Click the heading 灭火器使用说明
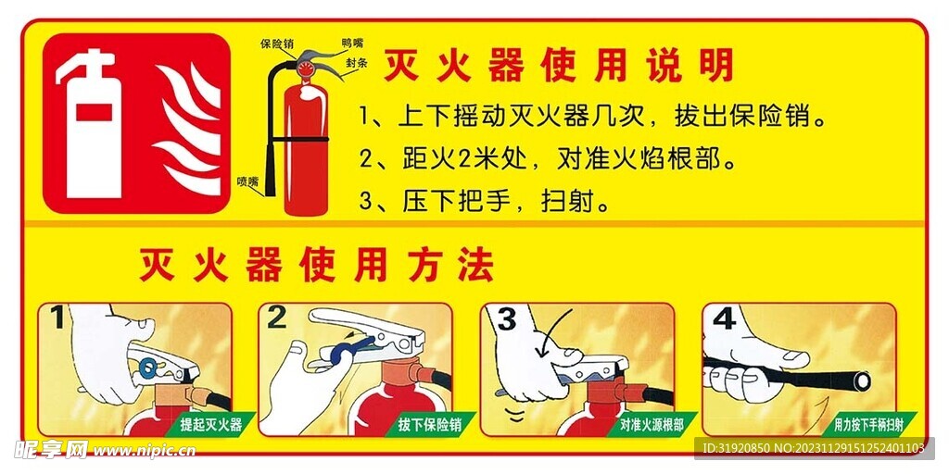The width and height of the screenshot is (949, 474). [559, 66]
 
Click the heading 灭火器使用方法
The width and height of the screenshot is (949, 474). [315, 266]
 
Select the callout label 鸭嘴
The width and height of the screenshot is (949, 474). [352, 43]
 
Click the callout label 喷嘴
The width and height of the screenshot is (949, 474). [247, 181]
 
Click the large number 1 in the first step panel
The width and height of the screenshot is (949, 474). [57, 319]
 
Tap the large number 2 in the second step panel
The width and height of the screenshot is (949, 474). [277, 318]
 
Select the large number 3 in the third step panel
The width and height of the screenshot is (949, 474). [506, 319]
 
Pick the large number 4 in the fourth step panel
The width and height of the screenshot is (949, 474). [724, 319]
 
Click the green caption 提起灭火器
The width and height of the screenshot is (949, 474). [210, 425]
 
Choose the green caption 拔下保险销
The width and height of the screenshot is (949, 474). [430, 425]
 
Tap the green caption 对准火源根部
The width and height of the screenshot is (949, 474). [652, 425]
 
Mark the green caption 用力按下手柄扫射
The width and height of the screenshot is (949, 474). [867, 425]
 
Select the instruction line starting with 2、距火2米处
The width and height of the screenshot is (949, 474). [551, 159]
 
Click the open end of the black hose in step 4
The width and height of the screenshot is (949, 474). [863, 380]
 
